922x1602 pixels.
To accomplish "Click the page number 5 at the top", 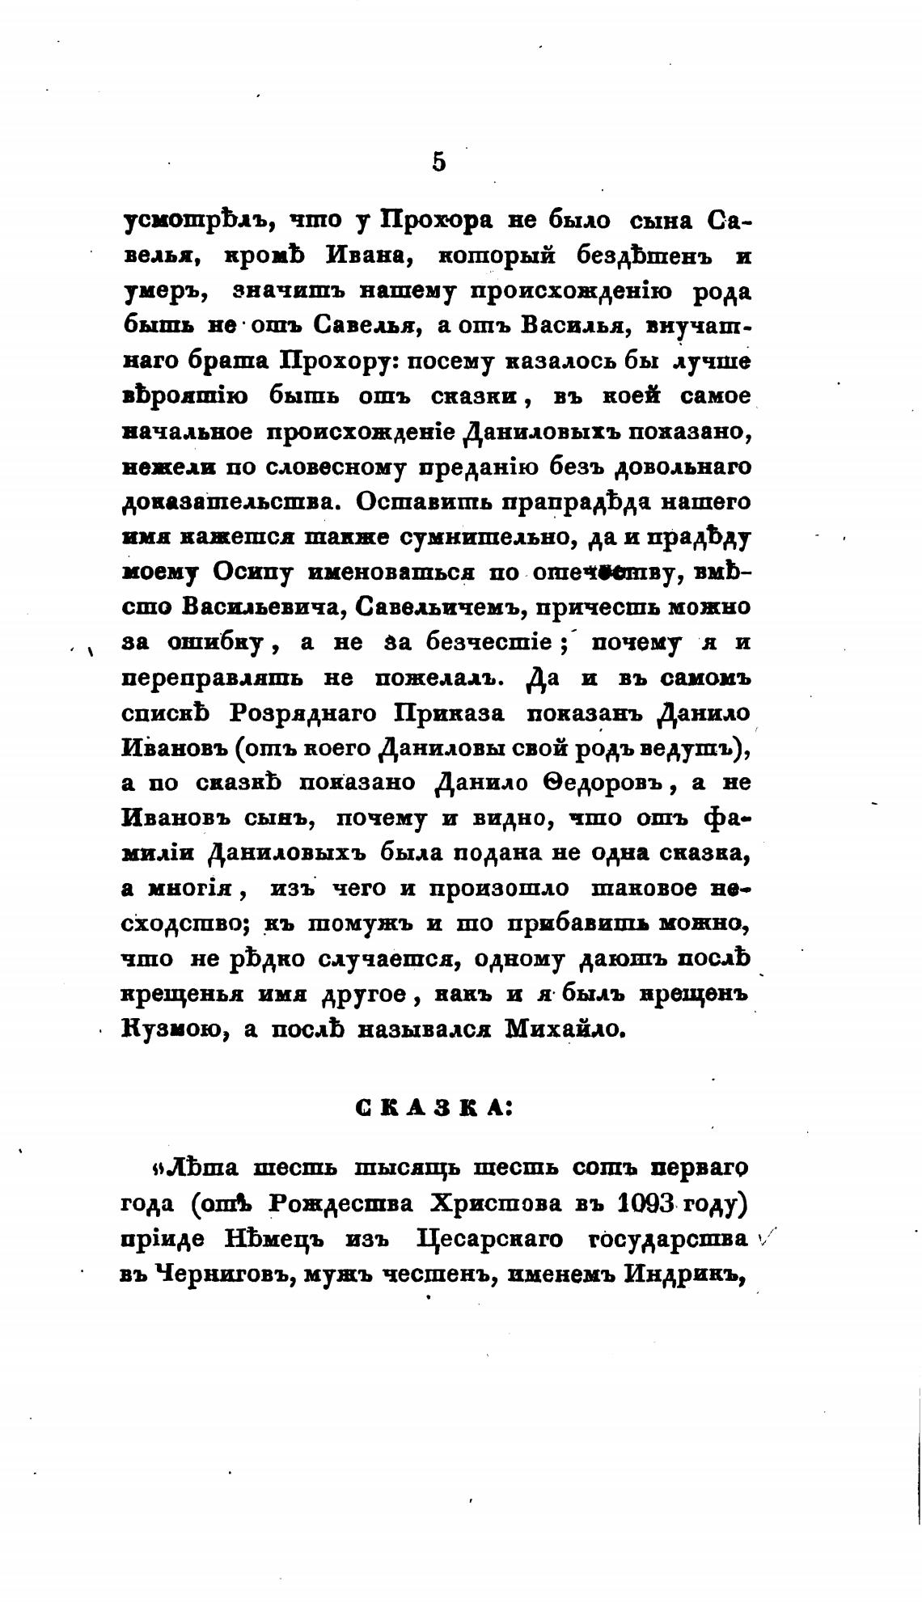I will pos(438,162).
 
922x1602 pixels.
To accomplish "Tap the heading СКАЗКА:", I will pos(434,1108).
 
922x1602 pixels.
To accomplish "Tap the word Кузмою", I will pos(167,1029).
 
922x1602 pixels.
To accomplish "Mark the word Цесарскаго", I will pos(485,1238).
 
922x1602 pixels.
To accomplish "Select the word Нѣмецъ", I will pos(307,1238).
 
